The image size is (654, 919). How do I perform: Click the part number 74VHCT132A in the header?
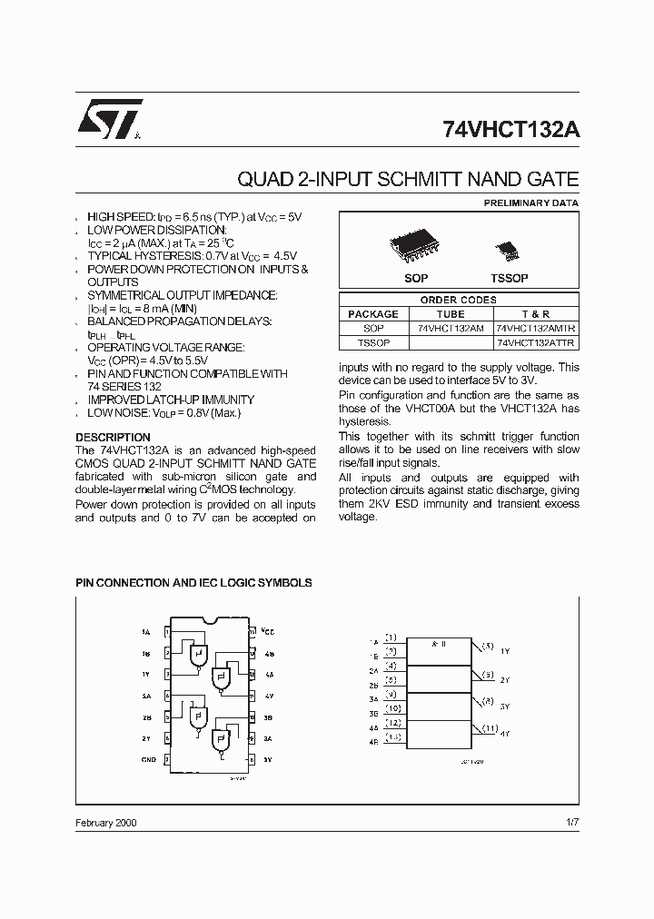510,128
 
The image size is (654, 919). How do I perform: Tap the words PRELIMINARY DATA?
530,203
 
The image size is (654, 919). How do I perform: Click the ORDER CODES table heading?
458,300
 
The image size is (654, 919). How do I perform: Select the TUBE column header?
451,314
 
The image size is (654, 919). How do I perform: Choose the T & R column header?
536,314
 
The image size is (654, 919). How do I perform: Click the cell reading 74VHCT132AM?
451,328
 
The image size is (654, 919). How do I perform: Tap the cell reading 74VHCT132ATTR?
536,342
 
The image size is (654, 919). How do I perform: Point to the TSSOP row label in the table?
373,342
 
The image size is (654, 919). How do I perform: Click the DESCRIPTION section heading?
113,438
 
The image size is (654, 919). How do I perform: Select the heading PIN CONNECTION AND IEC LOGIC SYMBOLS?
193,582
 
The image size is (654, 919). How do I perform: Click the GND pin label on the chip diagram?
148,759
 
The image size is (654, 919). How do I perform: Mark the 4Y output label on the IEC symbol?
505,733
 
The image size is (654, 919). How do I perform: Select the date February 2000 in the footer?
106,822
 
